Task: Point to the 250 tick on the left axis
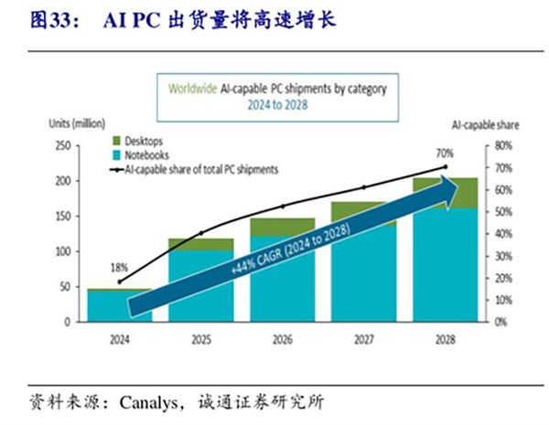(x=62, y=145)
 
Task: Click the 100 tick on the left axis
(x=62, y=251)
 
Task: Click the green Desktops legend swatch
(x=116, y=142)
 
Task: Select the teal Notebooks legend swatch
(x=116, y=156)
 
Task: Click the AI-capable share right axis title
(x=478, y=123)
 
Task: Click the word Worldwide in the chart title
(x=192, y=89)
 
